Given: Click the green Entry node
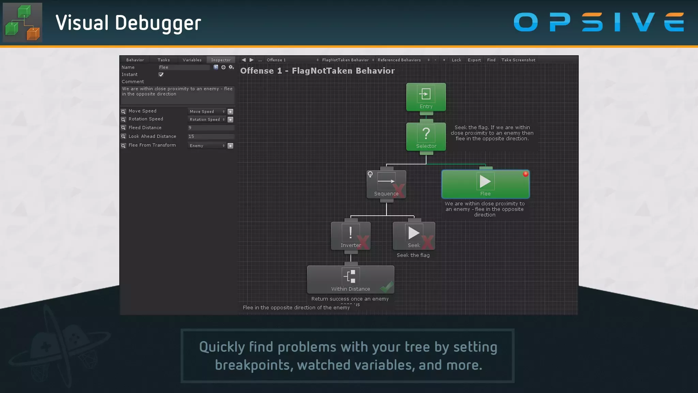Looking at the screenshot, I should (x=426, y=97).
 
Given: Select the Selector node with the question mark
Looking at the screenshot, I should (x=426, y=136).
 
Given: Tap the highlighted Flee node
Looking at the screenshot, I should (x=485, y=184).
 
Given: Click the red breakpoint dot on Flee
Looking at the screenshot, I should (x=526, y=174).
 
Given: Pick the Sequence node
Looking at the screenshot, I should (x=386, y=184).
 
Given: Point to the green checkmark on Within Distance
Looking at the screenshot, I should (x=386, y=287).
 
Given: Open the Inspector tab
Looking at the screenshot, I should (x=221, y=60).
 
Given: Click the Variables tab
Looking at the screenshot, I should (x=192, y=60).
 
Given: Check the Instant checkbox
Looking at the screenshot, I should (x=161, y=74).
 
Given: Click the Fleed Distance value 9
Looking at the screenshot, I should (x=211, y=128).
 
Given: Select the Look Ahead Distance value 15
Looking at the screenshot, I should (x=211, y=136).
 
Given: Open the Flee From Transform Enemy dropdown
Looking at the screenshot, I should (x=207, y=146).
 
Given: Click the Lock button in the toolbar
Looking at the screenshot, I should (x=456, y=60).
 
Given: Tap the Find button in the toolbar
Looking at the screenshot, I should (x=491, y=60).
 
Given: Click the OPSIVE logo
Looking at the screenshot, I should (x=599, y=22).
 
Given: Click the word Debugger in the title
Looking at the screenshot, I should (x=158, y=23).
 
